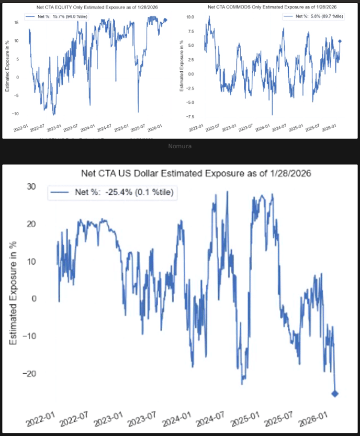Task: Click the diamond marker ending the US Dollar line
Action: point(335,393)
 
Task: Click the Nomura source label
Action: point(180,146)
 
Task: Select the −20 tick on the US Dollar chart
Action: point(30,373)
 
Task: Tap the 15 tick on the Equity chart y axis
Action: point(16,22)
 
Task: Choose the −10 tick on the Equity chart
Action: point(15,113)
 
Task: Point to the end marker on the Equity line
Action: point(166,20)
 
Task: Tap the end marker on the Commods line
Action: point(340,41)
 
